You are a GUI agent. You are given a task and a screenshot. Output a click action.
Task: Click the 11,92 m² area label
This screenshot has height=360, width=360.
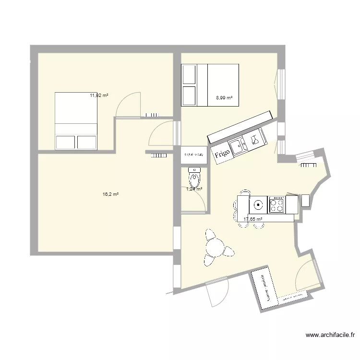pyautogui.click(x=99, y=96)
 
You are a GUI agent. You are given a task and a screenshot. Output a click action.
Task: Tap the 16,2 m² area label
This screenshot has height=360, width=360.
pyautogui.click(x=110, y=194)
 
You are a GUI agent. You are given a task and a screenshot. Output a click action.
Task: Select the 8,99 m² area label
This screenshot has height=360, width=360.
pyautogui.click(x=224, y=97)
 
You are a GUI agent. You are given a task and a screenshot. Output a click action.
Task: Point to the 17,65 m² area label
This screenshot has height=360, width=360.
pyautogui.click(x=253, y=219)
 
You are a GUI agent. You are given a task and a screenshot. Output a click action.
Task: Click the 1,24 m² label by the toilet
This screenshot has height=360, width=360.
pyautogui.click(x=194, y=189)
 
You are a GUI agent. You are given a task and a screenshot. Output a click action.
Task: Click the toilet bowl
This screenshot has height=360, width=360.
pyautogui.click(x=194, y=180)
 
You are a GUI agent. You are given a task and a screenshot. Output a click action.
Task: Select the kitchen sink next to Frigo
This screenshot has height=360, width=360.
pyautogui.click(x=238, y=145)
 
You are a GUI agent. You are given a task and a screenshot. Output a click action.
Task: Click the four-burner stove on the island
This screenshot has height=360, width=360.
pyautogui.click(x=277, y=204)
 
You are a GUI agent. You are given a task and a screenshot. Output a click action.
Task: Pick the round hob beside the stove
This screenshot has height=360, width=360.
pyautogui.click(x=258, y=205)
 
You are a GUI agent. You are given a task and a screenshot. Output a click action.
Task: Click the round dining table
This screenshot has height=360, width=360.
pyautogui.click(x=215, y=247)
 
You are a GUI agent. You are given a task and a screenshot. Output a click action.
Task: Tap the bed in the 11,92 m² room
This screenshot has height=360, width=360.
pyautogui.click(x=76, y=120)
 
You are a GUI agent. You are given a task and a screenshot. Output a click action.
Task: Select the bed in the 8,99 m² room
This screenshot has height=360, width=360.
pyautogui.click(x=210, y=84)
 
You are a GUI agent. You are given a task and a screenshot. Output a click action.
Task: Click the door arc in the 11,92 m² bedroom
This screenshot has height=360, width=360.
pyautogui.click(x=130, y=103)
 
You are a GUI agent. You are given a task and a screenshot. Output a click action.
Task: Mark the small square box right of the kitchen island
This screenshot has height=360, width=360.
pyautogui.click(x=305, y=200)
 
